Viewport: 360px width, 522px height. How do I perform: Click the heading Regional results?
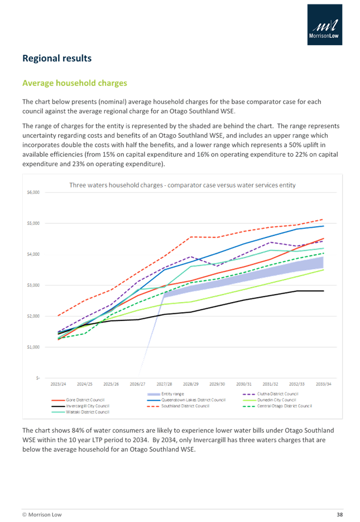(x=56, y=59)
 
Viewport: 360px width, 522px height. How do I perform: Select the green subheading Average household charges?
(x=74, y=83)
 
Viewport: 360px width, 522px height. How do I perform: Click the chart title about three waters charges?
(x=182, y=185)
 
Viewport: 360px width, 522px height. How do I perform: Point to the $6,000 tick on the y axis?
(x=33, y=193)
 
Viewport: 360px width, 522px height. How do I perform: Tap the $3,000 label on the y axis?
(x=33, y=285)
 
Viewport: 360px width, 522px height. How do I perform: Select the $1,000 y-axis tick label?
(x=33, y=347)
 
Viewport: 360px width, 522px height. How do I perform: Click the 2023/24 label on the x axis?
(x=57, y=384)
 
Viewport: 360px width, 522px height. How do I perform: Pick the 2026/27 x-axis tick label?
(x=138, y=384)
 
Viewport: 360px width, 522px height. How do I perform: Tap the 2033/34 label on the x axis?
(x=324, y=384)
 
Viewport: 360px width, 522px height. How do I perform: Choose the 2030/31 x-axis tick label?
(x=244, y=384)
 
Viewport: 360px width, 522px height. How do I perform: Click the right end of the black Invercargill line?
(x=324, y=291)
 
